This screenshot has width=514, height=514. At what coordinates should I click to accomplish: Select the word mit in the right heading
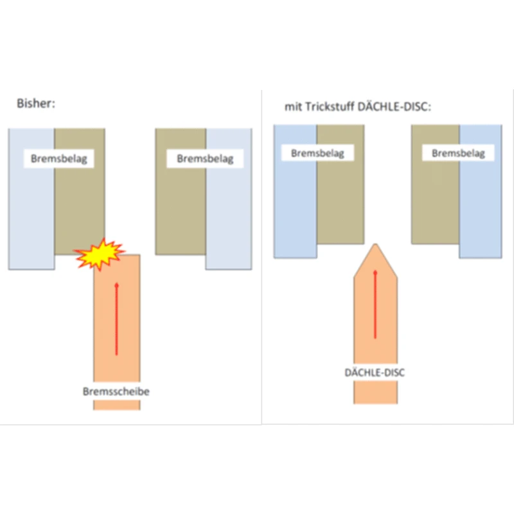click(x=294, y=106)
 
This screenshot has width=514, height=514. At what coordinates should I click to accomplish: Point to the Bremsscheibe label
click(x=116, y=391)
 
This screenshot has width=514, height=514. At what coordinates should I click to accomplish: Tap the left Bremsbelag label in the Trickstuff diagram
click(x=317, y=153)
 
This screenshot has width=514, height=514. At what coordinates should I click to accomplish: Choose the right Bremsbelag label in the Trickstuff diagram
click(x=458, y=153)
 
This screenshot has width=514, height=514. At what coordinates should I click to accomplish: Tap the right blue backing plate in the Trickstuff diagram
click(x=480, y=206)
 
